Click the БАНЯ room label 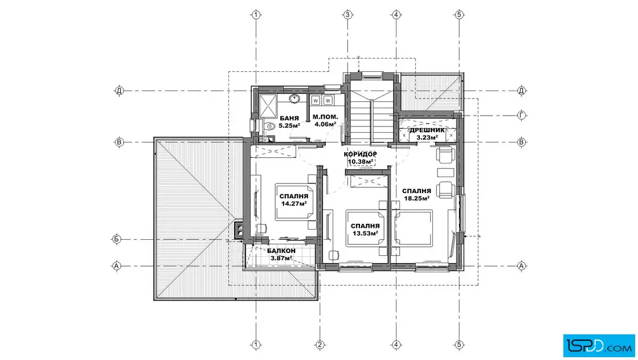point(289,118)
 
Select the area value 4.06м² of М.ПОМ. point(325,124)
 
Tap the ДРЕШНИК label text point(427,130)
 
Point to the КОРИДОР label point(360,154)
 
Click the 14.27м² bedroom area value point(293,203)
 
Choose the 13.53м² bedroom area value point(365,233)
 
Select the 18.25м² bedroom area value point(416,198)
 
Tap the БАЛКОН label point(281,251)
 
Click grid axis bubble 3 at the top point(347,15)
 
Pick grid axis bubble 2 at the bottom point(320,345)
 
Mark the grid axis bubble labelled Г point(522,116)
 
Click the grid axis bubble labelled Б point(116,239)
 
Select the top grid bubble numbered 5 point(459,15)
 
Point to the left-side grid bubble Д point(119,91)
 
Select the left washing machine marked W point(316,100)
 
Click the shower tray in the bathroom point(268,106)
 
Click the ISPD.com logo point(599,345)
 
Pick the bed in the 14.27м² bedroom point(296,202)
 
